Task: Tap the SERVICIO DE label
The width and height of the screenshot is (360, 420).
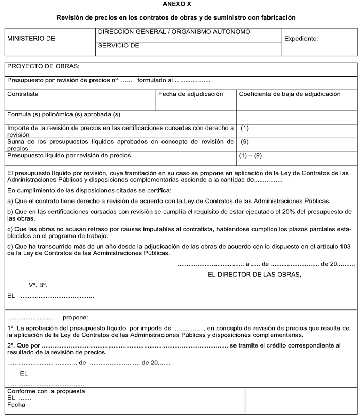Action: point(119,46)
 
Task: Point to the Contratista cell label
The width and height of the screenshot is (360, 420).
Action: point(23,94)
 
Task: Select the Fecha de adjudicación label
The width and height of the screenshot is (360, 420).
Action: point(190,94)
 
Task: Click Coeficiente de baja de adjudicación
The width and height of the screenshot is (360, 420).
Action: point(290,94)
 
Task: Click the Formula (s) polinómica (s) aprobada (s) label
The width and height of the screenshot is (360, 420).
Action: point(64,114)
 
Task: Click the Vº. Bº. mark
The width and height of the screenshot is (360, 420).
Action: point(38,285)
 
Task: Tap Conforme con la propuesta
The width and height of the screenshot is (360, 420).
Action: point(46,391)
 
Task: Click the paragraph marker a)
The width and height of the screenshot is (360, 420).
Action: point(10,200)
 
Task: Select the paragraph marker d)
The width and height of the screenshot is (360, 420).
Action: point(10,246)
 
